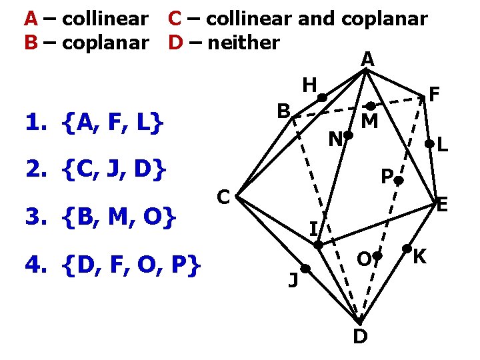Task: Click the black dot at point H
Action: tap(321, 98)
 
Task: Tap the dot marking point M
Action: tap(370, 105)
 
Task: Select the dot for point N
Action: tap(348, 135)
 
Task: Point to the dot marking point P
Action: tap(398, 180)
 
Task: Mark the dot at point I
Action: tap(319, 245)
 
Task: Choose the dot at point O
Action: tap(377, 256)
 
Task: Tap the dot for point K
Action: tap(407, 249)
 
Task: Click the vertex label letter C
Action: tap(224, 197)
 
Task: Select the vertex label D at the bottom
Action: tap(359, 337)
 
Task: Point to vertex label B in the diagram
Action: tap(284, 111)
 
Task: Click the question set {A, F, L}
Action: tap(111, 123)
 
